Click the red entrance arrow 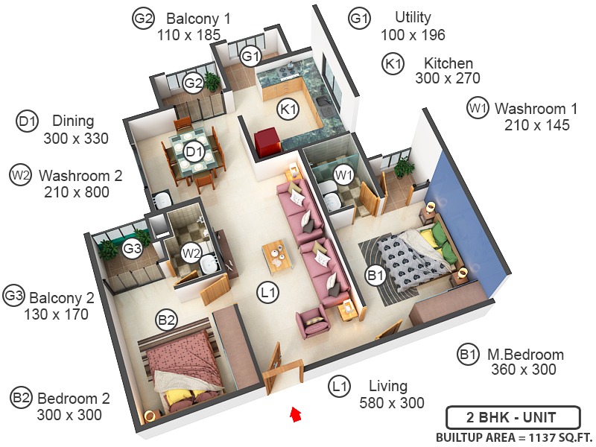click(296, 413)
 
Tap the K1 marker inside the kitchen click(288, 110)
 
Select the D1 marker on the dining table click(194, 153)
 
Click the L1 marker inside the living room click(267, 294)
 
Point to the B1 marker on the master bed click(375, 276)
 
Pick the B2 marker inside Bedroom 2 click(166, 320)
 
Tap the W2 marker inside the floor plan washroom click(191, 253)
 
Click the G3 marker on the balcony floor click(133, 249)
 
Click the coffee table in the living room click(276, 255)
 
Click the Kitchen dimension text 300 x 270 click(447, 78)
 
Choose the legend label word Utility click(413, 17)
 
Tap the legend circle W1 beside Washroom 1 click(478, 107)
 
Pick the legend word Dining click(73, 121)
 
